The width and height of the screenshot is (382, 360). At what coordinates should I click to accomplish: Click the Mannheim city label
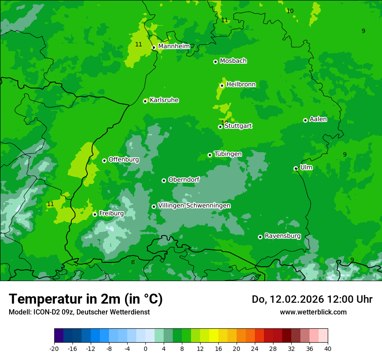[174, 46]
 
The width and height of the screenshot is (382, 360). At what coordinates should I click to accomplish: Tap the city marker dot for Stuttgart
[220, 127]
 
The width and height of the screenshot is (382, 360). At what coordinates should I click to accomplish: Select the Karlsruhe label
[164, 100]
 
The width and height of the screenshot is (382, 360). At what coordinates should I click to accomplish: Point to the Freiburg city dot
[95, 214]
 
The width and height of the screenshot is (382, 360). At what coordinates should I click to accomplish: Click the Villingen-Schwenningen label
[194, 206]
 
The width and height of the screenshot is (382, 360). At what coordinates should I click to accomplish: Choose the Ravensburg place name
[282, 236]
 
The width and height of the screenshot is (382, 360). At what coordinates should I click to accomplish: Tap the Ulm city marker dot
[296, 168]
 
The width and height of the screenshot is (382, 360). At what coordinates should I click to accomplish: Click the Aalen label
[318, 119]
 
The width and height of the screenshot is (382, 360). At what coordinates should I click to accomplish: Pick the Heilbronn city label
[241, 85]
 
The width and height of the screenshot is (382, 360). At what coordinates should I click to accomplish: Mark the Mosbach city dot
[215, 62]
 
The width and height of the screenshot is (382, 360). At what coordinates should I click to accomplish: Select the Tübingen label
[228, 154]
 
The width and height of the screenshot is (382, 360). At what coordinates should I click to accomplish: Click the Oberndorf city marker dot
[164, 180]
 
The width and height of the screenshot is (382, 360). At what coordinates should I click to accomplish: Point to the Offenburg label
[124, 160]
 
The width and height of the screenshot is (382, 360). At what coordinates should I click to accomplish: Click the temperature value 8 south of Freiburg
[133, 262]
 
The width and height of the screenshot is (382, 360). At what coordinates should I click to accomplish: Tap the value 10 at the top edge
[290, 11]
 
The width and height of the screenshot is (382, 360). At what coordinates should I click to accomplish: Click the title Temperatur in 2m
[86, 299]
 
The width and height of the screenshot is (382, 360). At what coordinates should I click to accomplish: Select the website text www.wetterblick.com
[313, 312]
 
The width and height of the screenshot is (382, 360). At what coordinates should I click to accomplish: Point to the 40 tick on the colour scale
[327, 348]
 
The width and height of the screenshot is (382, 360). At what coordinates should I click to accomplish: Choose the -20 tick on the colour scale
[54, 348]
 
